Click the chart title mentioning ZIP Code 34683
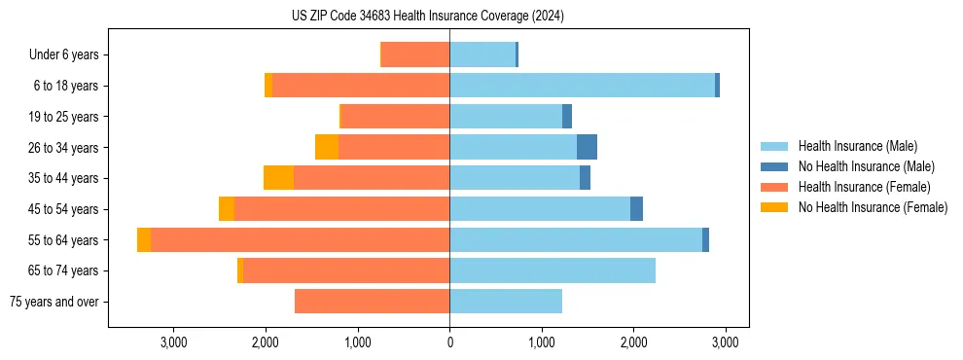click(428, 17)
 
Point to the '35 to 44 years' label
click(63, 178)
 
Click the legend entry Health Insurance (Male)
click(857, 146)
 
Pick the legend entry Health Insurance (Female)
click(864, 187)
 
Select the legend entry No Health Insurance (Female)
click(873, 207)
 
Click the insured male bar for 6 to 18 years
click(582, 86)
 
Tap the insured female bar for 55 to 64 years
click(300, 239)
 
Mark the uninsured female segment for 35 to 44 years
click(278, 178)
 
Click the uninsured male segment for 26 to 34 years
click(587, 147)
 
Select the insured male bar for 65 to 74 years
click(553, 270)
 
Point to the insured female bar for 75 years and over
click(372, 302)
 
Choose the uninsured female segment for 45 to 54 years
click(227, 209)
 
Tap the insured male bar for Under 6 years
click(481, 54)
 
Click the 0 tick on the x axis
click(449, 342)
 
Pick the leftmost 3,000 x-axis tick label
click(173, 342)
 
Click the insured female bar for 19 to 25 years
click(395, 117)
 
